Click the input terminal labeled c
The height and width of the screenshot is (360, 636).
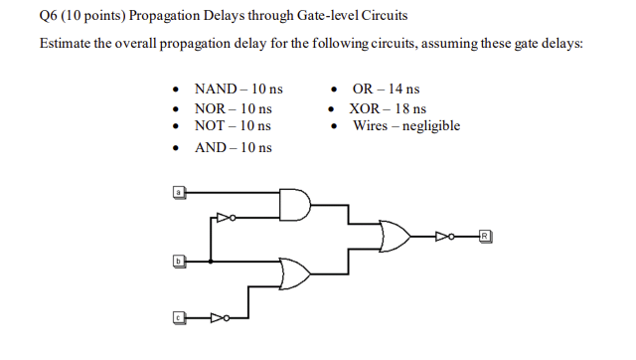click(x=179, y=317)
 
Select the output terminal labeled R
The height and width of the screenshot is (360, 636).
click(x=484, y=236)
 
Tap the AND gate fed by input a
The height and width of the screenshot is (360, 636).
click(x=295, y=204)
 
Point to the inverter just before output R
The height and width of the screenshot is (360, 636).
click(x=444, y=236)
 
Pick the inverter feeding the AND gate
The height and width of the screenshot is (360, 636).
click(x=227, y=214)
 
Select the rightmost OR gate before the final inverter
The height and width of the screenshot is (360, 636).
click(x=397, y=236)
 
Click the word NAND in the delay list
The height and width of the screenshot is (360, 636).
click(x=216, y=90)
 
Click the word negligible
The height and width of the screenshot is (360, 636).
click(x=431, y=126)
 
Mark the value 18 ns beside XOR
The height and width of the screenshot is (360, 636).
click(x=409, y=108)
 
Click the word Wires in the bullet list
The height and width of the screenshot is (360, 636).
click(x=370, y=126)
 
